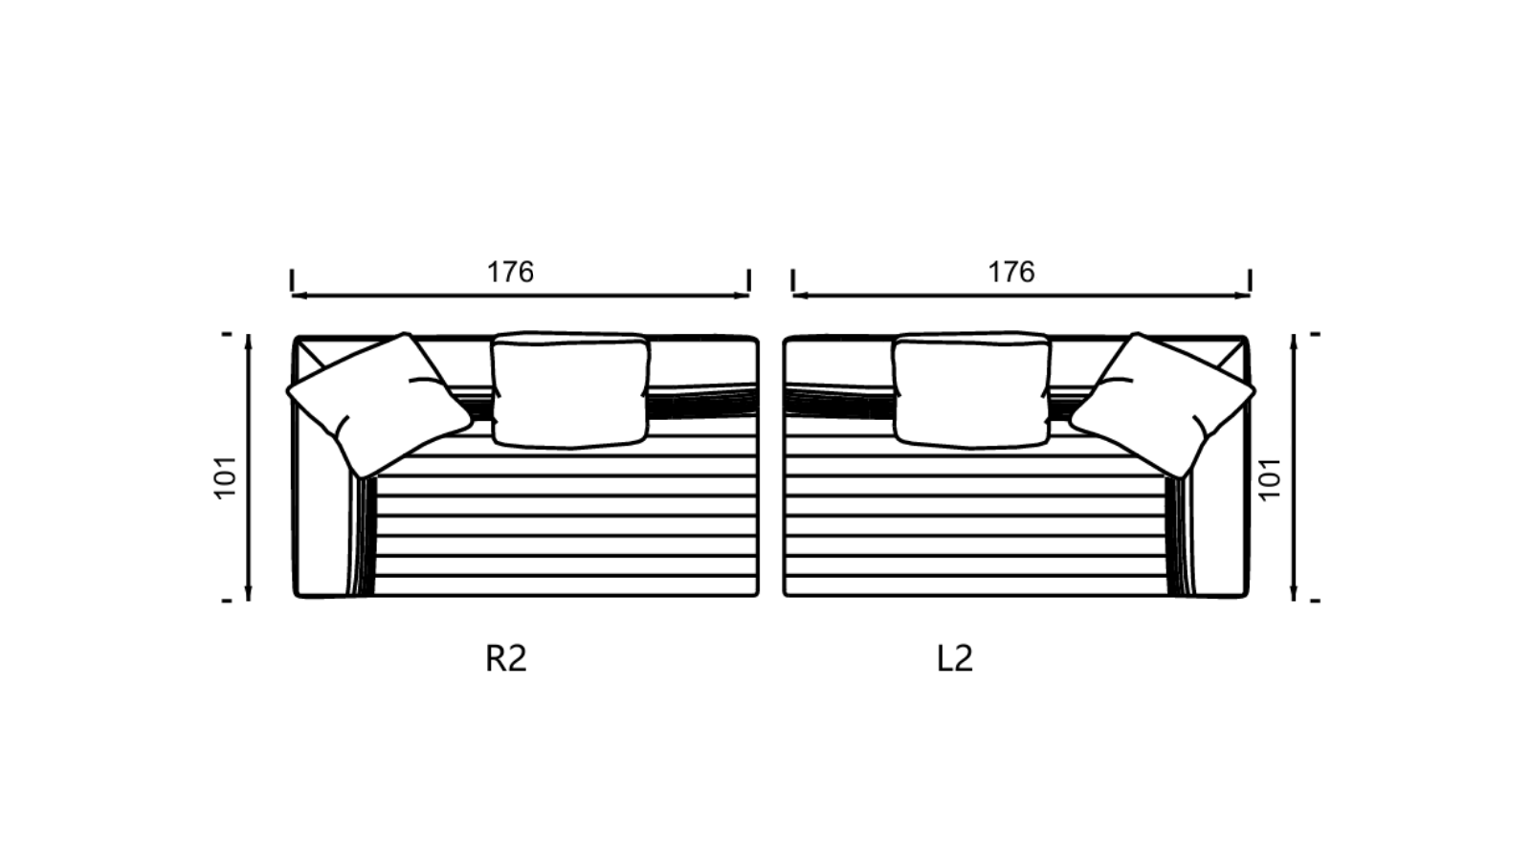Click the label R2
tap(506, 659)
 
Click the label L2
tap(955, 659)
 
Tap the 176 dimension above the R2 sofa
tap(510, 272)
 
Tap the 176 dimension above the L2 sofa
tap(1011, 272)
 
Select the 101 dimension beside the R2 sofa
tap(226, 477)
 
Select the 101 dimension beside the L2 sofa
tap(1270, 478)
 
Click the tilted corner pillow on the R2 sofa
tap(380, 405)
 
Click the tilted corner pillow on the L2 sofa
tap(1162, 405)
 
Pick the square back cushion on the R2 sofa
tap(570, 390)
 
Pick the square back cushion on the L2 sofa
tap(972, 390)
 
